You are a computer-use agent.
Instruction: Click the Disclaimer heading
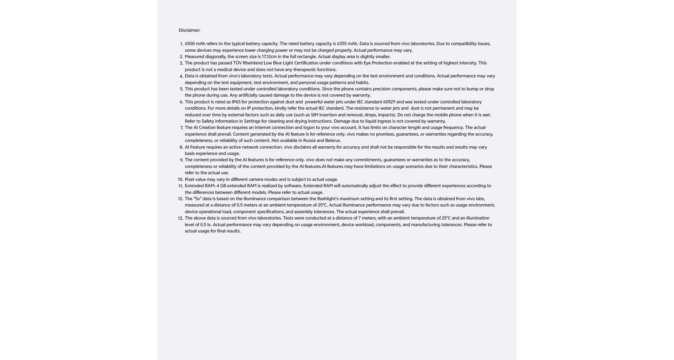(x=189, y=30)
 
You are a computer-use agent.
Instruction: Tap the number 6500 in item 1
(x=190, y=44)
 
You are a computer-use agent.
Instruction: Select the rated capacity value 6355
(x=342, y=44)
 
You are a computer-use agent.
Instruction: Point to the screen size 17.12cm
(x=269, y=57)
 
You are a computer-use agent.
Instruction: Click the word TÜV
(x=237, y=63)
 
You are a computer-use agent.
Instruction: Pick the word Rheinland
(x=253, y=63)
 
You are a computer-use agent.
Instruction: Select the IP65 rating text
(x=236, y=102)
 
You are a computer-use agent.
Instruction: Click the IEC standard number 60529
(x=389, y=102)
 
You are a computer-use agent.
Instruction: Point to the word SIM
(x=314, y=115)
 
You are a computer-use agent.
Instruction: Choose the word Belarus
(x=332, y=141)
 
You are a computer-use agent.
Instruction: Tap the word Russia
(x=309, y=141)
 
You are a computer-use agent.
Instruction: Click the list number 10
(x=180, y=180)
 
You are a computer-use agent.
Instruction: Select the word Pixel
(x=190, y=180)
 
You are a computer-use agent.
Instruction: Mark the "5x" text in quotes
(x=197, y=199)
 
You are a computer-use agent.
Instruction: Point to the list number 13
(x=180, y=218)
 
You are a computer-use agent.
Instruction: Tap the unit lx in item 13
(x=209, y=225)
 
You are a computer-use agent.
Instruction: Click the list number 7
(x=181, y=128)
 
